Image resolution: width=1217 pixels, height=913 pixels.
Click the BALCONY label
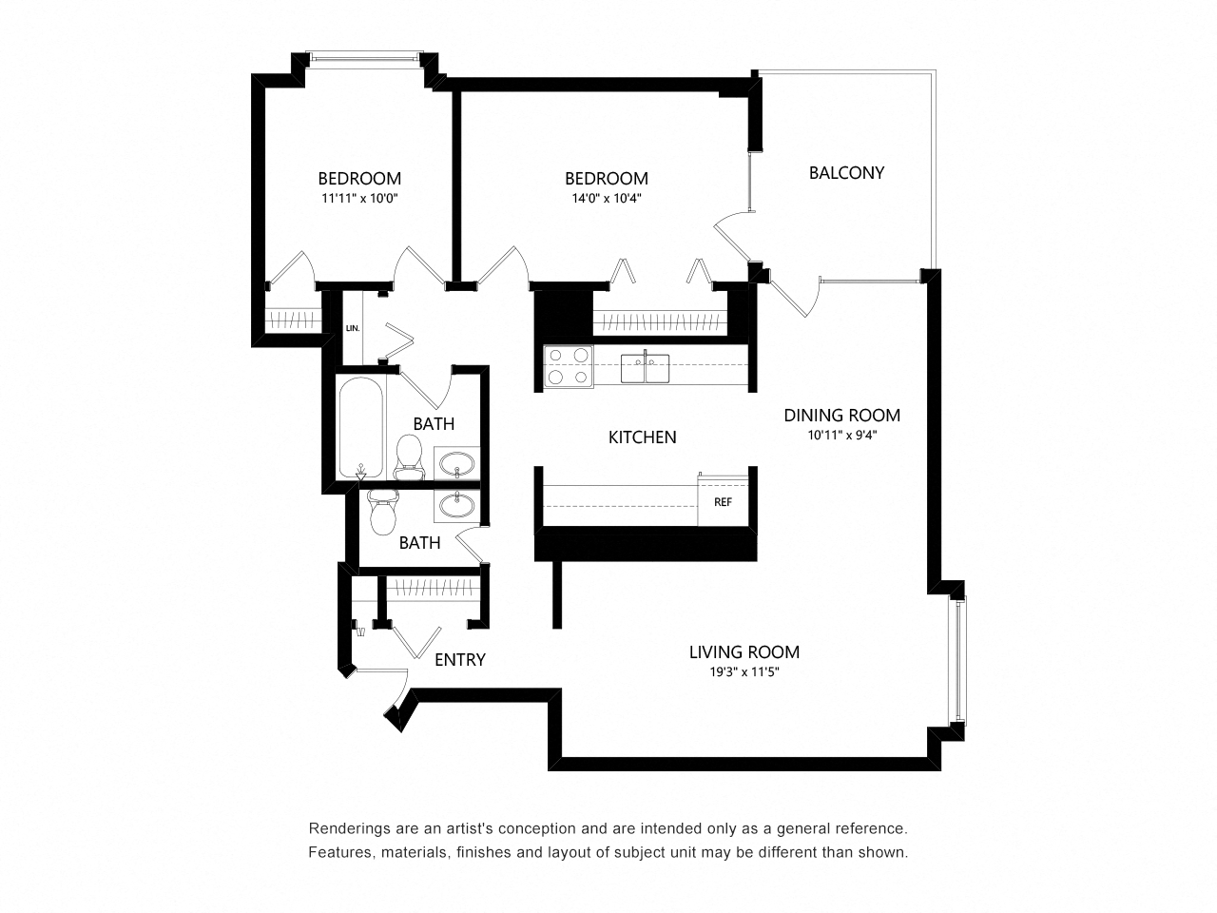846,172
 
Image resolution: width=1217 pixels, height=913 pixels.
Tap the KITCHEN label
643,437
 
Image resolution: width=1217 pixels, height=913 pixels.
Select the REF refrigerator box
723,502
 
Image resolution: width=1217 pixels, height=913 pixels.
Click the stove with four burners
568,366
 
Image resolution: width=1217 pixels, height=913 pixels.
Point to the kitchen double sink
645,367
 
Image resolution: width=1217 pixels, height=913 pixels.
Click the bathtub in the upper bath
361,429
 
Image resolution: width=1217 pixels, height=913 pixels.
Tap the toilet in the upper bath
409,456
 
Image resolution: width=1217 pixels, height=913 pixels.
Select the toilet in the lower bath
382,513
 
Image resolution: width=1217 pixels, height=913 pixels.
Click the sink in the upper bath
457,464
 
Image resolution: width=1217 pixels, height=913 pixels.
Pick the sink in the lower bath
457,504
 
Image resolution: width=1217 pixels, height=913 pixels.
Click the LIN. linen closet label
352,328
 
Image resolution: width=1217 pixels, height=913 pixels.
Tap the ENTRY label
460,660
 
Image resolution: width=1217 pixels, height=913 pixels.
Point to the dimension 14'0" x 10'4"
607,199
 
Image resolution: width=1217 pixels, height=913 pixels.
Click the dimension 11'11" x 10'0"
359,199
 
